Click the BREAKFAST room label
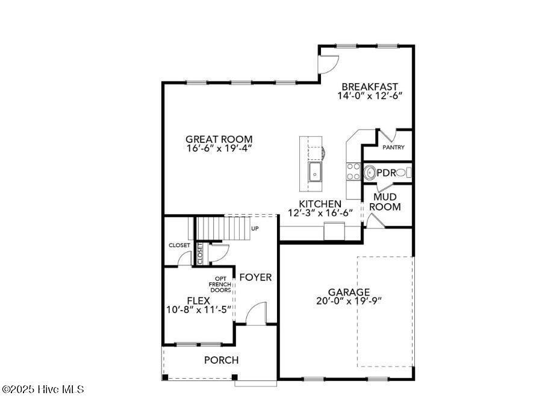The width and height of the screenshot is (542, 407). [370, 86]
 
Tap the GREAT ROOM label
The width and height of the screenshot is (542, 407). [219, 139]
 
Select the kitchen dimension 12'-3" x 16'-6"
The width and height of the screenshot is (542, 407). [320, 213]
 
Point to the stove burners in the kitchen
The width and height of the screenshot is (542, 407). [354, 171]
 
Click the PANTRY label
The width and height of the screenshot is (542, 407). [393, 148]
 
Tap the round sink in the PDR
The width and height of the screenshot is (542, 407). [370, 172]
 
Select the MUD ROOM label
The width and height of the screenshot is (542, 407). [385, 202]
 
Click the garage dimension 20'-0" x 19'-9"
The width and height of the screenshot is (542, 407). [349, 301]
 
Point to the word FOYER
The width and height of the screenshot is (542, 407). [255, 277]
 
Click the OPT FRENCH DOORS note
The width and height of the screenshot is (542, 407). [220, 284]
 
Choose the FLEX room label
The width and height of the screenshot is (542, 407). [198, 300]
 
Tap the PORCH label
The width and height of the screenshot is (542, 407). [221, 360]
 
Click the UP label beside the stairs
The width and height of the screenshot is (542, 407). [255, 229]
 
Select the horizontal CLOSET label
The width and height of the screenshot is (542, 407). [179, 245]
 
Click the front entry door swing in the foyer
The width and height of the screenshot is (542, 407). [257, 313]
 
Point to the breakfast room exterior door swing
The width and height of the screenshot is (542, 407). [329, 65]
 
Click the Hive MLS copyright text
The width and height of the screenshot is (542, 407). [42, 390]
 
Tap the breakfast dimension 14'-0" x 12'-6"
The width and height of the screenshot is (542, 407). [370, 95]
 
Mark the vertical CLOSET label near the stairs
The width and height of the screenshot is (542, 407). [200, 253]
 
